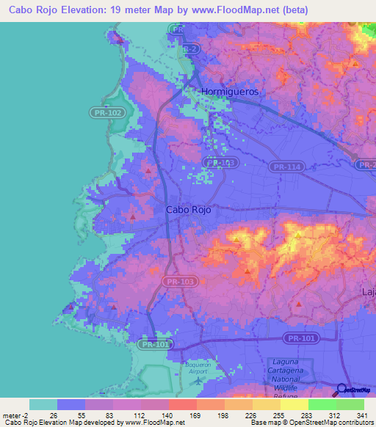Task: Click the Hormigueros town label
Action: click(232, 92)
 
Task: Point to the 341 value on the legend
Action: click(361, 415)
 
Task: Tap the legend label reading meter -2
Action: click(14, 415)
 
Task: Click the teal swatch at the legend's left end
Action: click(43, 404)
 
